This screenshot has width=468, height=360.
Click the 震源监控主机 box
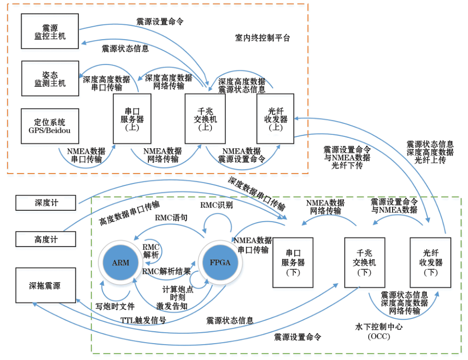pyautogui.click(x=50, y=31)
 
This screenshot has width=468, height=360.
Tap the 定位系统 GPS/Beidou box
pyautogui.click(x=50, y=126)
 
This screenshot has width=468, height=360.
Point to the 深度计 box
pyautogui.click(x=46, y=202)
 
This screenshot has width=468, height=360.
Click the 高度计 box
pyautogui.click(x=46, y=240)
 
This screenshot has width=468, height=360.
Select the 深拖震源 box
pyautogui.click(x=46, y=286)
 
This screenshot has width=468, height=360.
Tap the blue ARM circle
pyautogui.click(x=121, y=262)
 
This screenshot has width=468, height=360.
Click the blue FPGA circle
pyautogui.click(x=220, y=262)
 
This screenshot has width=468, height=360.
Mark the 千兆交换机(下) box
pyautogui.click(x=364, y=262)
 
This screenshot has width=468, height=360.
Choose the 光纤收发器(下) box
pyautogui.click(x=430, y=262)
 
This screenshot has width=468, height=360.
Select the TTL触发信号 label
pyautogui.click(x=143, y=320)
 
